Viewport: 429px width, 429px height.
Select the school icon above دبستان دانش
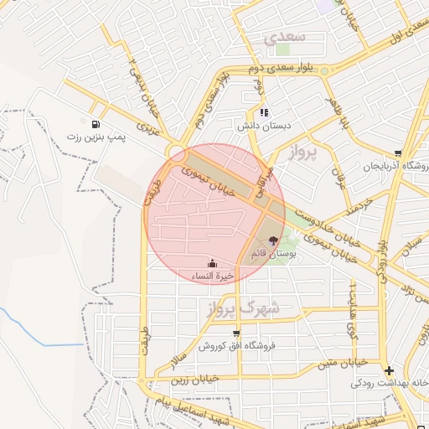coord(264,112)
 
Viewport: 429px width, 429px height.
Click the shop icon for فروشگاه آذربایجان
coord(397,153)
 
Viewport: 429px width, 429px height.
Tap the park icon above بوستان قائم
coord(272,240)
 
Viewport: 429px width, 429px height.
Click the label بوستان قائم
coord(272,252)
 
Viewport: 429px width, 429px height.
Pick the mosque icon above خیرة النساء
coord(210,263)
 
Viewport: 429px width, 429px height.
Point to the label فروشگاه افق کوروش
coord(237,346)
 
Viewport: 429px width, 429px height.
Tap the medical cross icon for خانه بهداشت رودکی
coord(389,370)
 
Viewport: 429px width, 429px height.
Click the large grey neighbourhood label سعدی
coord(285,38)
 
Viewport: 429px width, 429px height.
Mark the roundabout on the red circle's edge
coord(177,152)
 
